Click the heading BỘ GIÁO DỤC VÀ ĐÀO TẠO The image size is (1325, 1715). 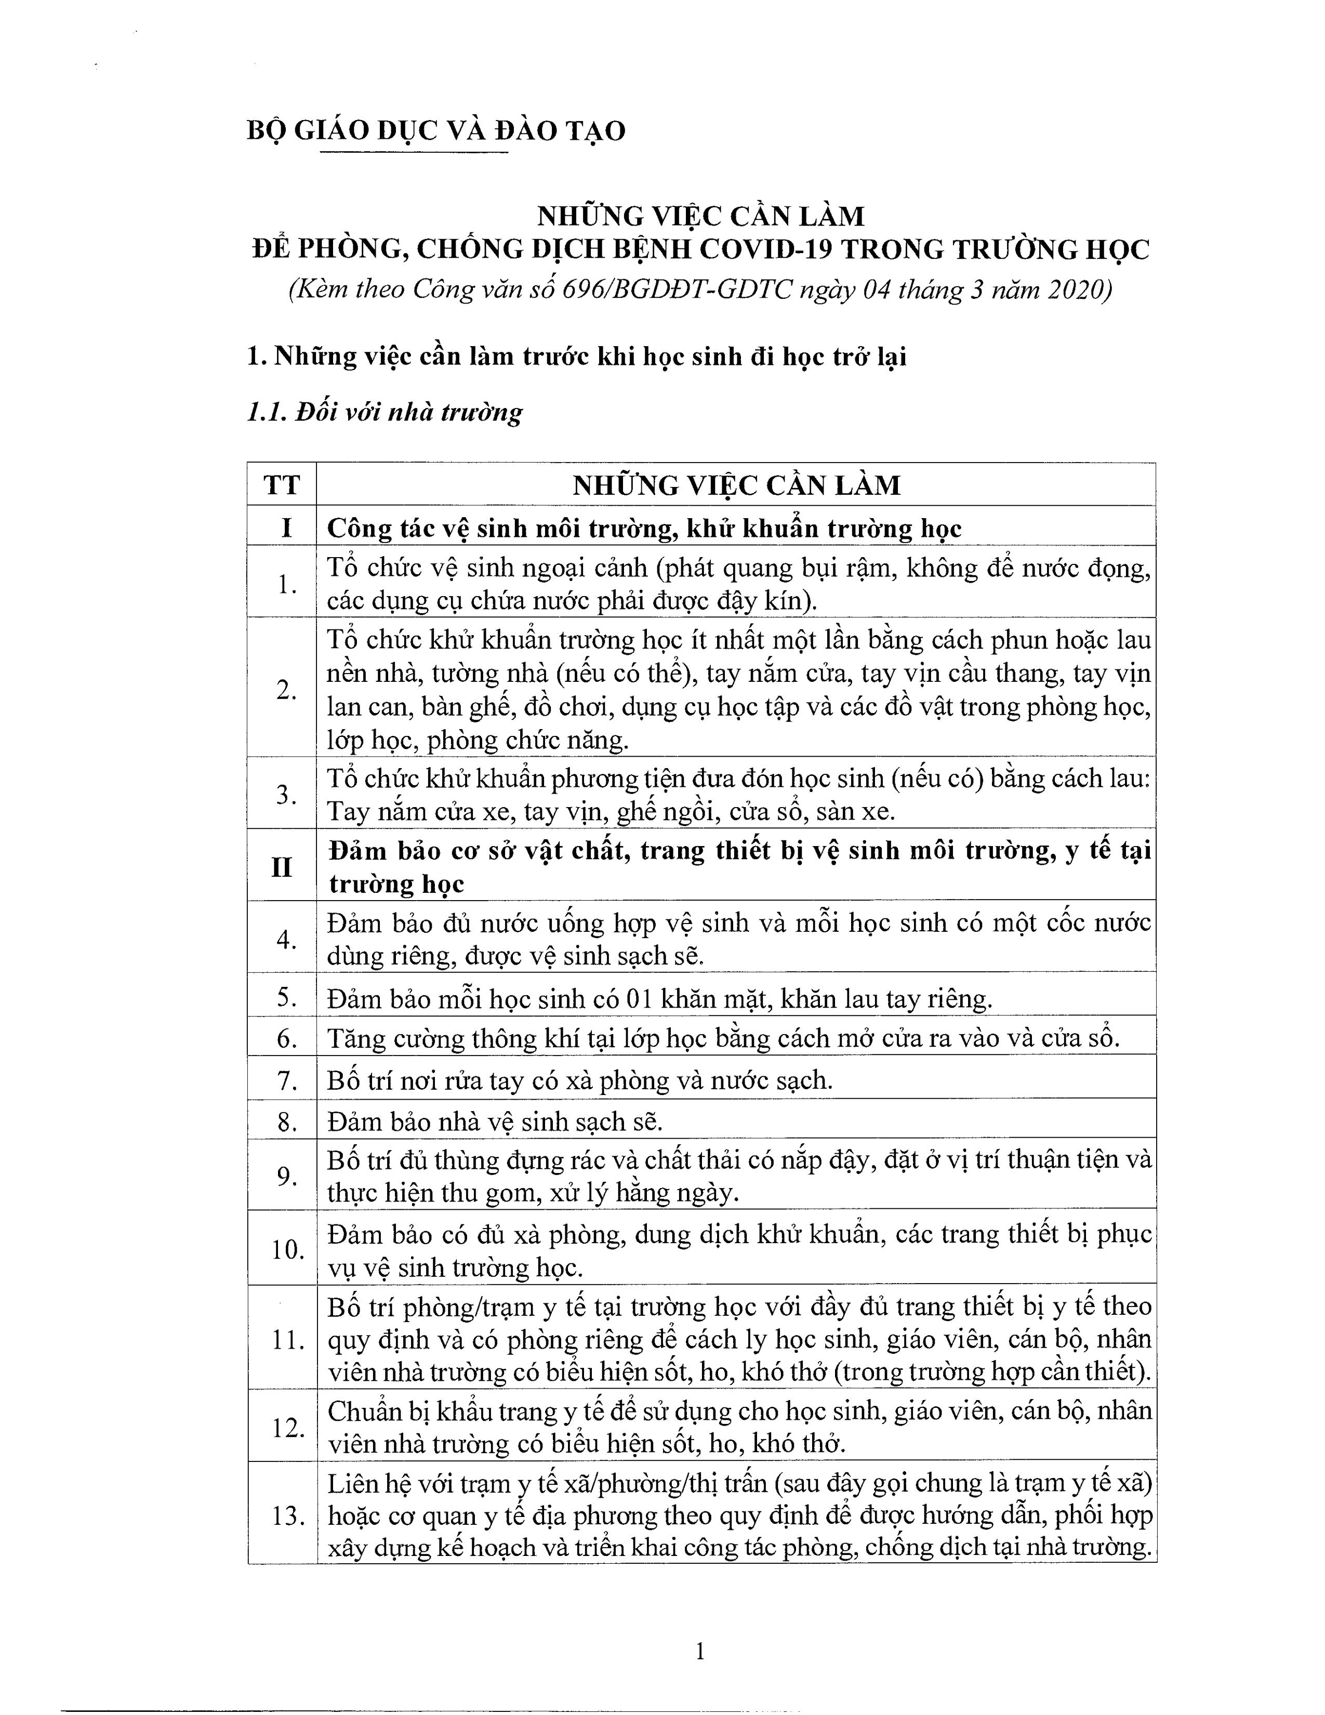click(435, 130)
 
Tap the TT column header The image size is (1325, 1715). click(282, 484)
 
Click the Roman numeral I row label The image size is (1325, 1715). click(286, 527)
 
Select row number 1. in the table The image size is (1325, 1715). click(286, 584)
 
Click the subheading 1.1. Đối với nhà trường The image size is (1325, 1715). click(385, 412)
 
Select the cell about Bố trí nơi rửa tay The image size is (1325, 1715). click(579, 1080)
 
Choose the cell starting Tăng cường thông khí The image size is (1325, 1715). click(722, 1039)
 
